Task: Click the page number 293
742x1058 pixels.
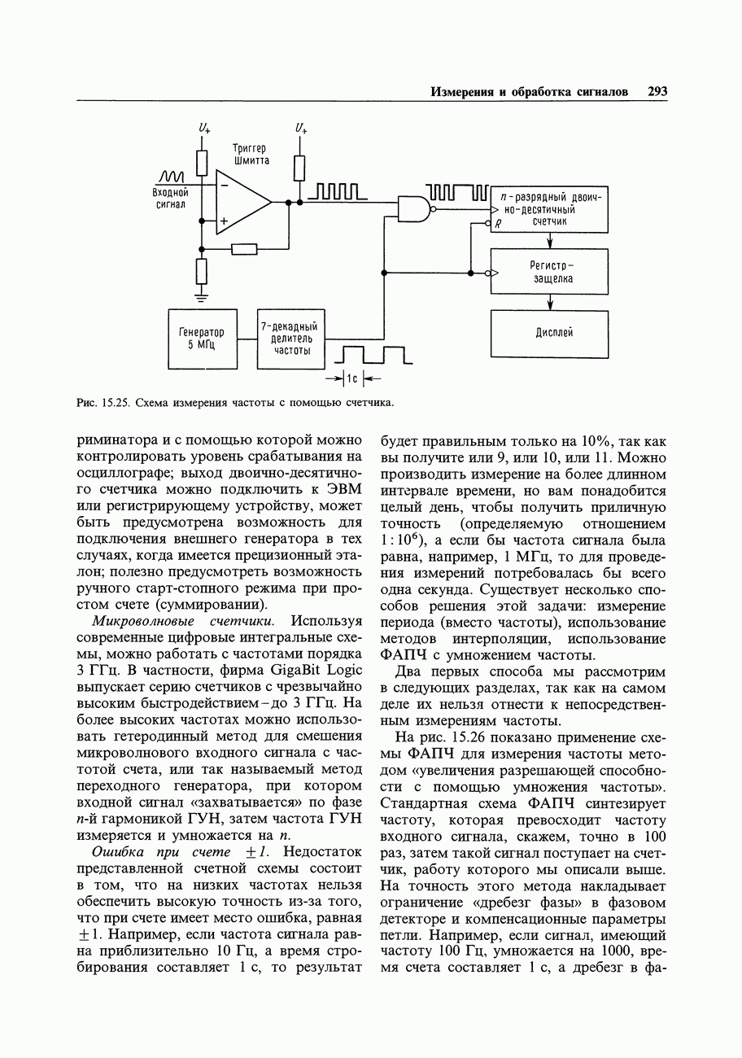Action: point(657,92)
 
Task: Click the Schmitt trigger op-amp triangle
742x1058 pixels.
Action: point(242,203)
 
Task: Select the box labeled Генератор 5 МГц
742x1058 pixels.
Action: point(202,339)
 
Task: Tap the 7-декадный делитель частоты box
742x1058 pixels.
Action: point(290,339)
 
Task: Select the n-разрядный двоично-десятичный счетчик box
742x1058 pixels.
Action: point(550,210)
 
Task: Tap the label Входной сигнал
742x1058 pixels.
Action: point(170,199)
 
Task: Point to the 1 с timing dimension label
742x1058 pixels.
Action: point(352,378)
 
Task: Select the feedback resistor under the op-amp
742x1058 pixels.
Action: point(244,249)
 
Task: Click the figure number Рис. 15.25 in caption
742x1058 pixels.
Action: point(103,403)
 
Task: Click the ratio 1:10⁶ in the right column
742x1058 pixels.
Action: point(404,540)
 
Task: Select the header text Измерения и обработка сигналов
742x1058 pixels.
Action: point(529,92)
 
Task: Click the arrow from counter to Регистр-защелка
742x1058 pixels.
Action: point(550,240)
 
